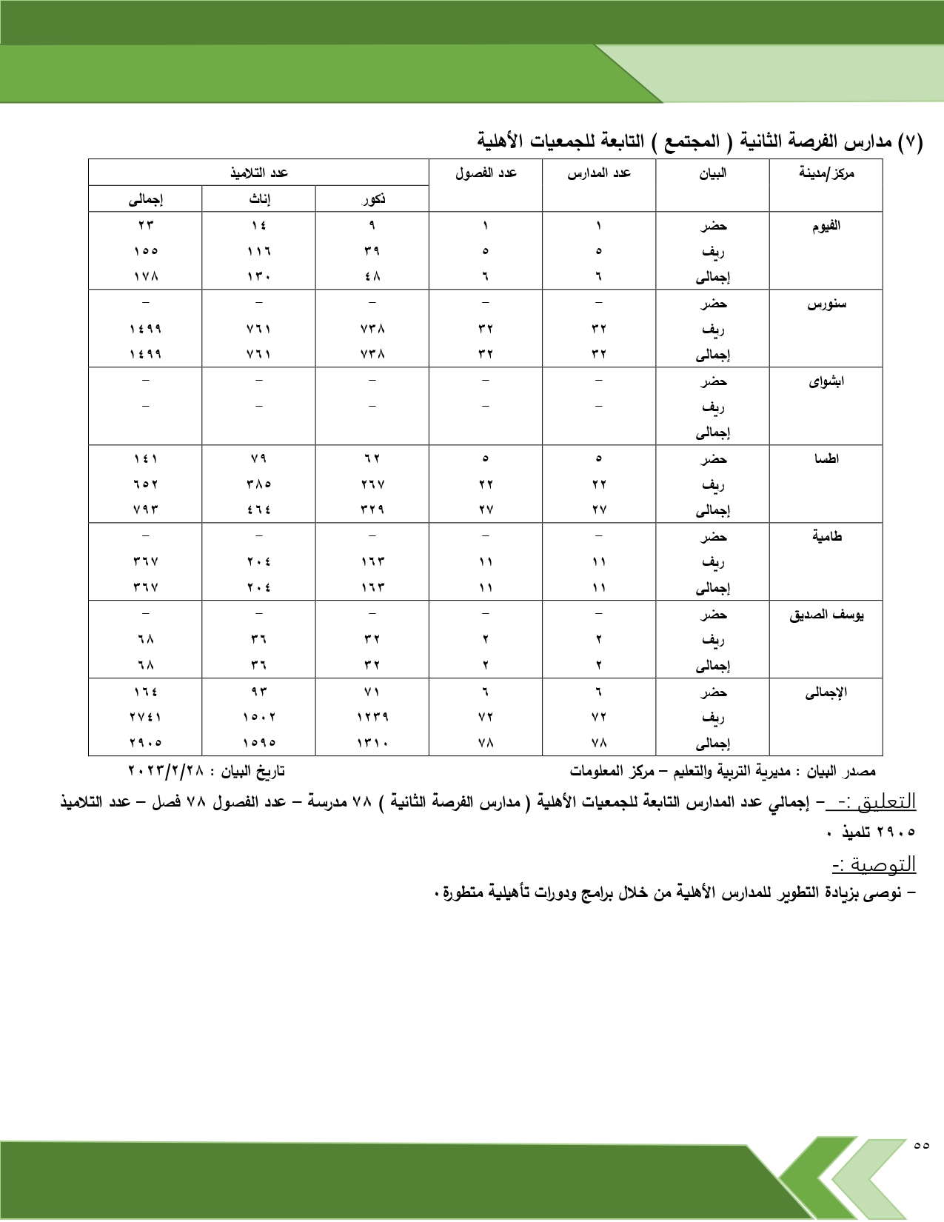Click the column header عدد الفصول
pos(486,173)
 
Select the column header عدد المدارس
pos(599,173)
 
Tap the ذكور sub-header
pos(372,199)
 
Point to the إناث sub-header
pos(259,199)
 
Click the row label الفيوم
pos(826,226)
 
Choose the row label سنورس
pos(826,304)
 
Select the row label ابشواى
pos(826,381)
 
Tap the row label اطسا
pos(826,459)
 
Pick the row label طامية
pos(826,536)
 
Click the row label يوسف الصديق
pos(826,615)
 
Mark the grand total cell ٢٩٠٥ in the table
pos(146,743)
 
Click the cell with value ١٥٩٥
pos(259,743)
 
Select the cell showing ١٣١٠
pos(372,743)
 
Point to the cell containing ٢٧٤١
pos(146,717)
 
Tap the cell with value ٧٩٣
pos(146,510)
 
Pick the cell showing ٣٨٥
pos(259,484)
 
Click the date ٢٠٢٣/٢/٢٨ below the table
pos(166,771)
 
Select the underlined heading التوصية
pos(874,864)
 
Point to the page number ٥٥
pos(921,1145)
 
